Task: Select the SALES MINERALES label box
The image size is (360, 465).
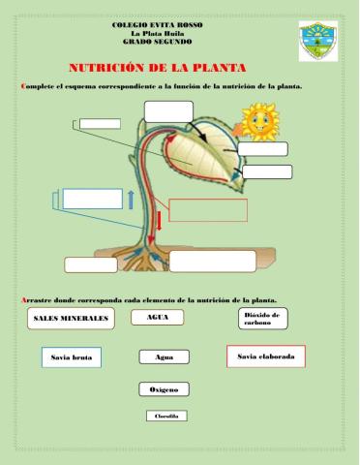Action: click(71, 318)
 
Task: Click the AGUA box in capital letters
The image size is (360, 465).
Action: click(157, 318)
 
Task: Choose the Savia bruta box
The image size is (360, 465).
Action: click(70, 358)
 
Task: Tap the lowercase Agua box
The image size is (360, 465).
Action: click(164, 357)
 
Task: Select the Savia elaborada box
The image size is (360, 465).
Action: click(265, 357)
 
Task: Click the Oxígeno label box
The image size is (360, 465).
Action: click(164, 389)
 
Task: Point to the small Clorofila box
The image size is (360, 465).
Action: click(164, 416)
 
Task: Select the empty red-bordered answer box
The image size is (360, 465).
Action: click(208, 210)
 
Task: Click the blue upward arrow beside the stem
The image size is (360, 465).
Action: click(130, 200)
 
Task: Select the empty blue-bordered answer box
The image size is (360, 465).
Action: click(92, 199)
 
